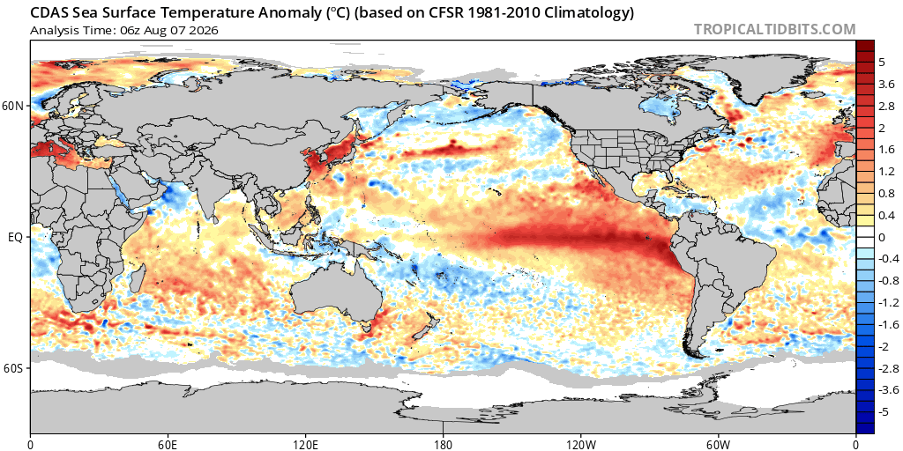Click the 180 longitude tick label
coord(443,444)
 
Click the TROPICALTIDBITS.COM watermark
coord(774,29)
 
